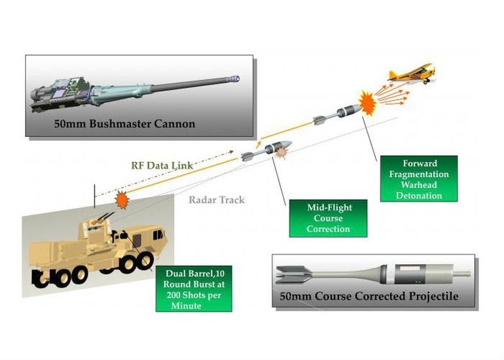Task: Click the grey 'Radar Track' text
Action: (x=216, y=200)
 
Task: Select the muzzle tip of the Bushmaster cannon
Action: (x=237, y=78)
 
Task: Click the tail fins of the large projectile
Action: (x=292, y=272)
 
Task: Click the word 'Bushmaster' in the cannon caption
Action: (x=106, y=124)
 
